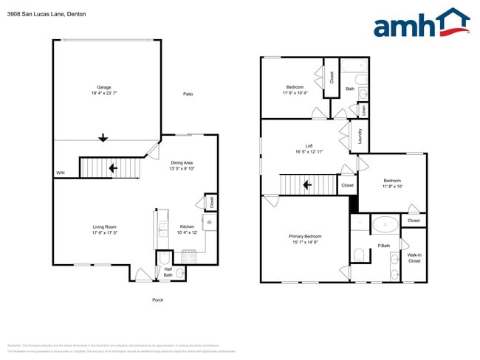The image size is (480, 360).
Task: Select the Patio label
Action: tap(188, 94)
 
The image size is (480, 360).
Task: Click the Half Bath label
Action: tap(168, 272)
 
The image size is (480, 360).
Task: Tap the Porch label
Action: tap(157, 300)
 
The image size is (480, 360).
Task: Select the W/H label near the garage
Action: tap(60, 173)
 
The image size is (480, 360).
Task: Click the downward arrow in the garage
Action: tap(103, 137)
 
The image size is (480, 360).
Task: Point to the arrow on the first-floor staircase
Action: tap(112, 168)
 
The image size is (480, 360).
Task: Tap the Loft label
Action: tap(299, 146)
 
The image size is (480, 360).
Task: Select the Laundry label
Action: tap(360, 136)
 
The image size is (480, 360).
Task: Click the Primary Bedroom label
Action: tap(304, 236)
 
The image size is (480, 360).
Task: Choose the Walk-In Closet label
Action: tap(414, 257)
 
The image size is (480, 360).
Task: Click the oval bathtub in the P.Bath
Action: tap(384, 224)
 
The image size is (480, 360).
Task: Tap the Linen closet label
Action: tap(363, 110)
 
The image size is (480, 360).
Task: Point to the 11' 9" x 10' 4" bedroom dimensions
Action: tap(295, 93)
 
